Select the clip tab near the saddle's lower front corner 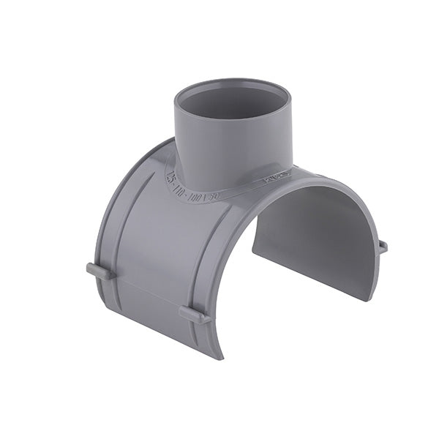tap(195, 315)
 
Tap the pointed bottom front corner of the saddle tap(219, 357)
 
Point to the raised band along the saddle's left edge tap(110, 219)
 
